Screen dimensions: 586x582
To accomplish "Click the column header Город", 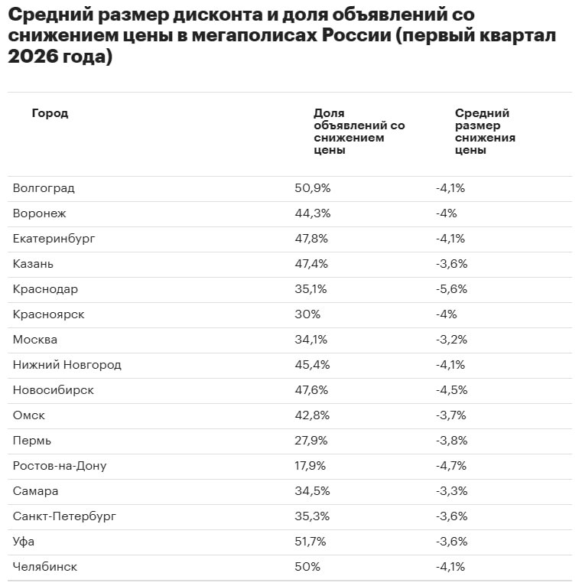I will [x=50, y=113].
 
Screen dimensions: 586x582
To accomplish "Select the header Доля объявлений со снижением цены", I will [x=359, y=132].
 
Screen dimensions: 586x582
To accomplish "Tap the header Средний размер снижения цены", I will [x=485, y=132].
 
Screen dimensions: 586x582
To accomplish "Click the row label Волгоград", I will [x=44, y=188].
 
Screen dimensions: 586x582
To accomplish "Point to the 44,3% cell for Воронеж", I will [x=311, y=213].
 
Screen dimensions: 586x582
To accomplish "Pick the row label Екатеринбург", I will [x=54, y=239].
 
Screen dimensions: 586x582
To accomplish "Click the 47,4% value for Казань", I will [x=311, y=264].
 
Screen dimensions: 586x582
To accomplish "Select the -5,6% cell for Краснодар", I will [x=451, y=289].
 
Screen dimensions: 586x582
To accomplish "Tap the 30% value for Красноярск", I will [x=307, y=314].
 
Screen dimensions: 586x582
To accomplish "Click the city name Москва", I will [x=35, y=340].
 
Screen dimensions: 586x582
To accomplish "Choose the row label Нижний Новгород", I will [x=67, y=365].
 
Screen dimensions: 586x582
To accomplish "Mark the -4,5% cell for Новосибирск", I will [x=451, y=390].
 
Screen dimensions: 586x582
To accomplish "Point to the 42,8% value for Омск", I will [x=311, y=415].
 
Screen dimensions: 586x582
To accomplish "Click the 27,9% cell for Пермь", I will [x=311, y=441].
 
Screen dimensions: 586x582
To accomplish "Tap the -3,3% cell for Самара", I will [x=451, y=491].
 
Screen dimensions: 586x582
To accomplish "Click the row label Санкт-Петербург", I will [x=64, y=516].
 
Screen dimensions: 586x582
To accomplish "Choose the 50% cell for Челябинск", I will [x=307, y=567].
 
